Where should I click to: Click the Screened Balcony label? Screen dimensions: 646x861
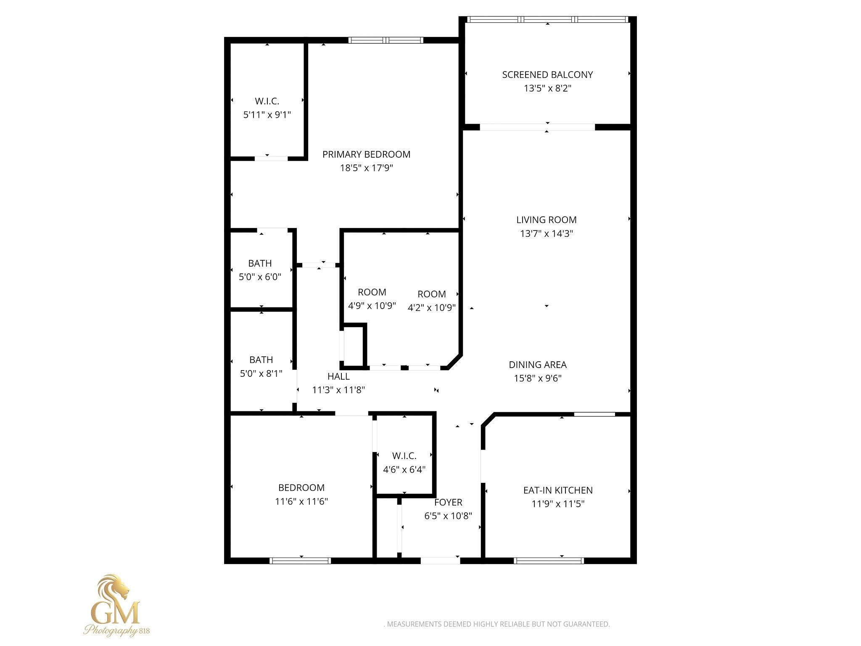point(547,75)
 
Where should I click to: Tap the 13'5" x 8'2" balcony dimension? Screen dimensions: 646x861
point(547,88)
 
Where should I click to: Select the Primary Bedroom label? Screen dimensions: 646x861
point(366,154)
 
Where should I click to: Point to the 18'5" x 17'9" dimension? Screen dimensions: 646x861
point(366,168)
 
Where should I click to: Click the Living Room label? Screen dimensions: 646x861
point(546,220)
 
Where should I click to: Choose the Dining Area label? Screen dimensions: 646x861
point(537,365)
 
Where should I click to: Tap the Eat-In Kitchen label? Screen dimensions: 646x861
point(558,490)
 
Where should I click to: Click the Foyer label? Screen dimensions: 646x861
point(448,502)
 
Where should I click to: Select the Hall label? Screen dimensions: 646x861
point(338,376)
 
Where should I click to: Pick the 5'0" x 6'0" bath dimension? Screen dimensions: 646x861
point(260,277)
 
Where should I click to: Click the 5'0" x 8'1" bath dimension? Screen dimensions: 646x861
point(261,373)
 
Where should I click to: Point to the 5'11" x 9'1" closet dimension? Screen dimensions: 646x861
point(267,115)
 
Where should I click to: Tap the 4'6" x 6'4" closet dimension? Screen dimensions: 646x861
point(404,469)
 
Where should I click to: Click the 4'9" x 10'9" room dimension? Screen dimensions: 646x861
point(372,306)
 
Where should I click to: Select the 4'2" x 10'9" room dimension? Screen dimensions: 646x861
point(432,307)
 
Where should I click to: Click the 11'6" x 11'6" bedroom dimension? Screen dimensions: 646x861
point(301,501)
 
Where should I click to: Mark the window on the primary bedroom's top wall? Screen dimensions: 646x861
point(386,40)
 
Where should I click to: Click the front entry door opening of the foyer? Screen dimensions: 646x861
point(440,560)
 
